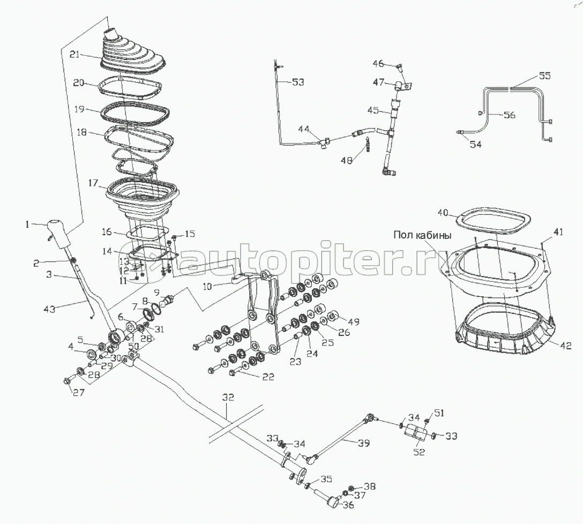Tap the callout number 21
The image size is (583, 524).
74,54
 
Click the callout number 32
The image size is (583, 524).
228,397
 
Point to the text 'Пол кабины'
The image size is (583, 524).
423,235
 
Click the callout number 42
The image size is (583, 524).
565,346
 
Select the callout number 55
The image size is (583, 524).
545,76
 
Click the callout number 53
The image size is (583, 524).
298,82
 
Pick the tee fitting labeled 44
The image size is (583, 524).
324,143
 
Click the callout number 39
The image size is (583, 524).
364,443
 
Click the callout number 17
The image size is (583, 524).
93,183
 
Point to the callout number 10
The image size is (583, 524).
207,286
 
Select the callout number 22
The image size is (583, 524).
268,377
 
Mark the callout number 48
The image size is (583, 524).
347,161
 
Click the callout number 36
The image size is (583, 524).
348,505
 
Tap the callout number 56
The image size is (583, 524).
510,115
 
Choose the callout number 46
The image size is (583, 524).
378,64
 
